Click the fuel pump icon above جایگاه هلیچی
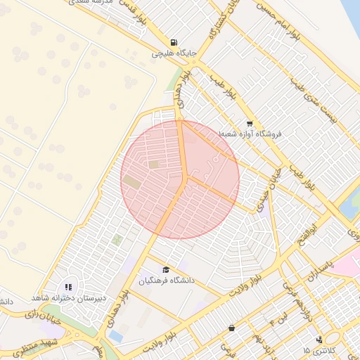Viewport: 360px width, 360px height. pyautogui.click(x=174, y=41)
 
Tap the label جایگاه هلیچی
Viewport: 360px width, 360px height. pyautogui.click(x=174, y=53)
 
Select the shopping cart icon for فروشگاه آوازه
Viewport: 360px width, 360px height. pyautogui.click(x=250, y=124)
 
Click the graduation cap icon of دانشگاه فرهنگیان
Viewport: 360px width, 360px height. pyautogui.click(x=166, y=270)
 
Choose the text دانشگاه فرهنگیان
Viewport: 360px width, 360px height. pyautogui.click(x=166, y=281)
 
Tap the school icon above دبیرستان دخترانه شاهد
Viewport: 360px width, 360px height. pyautogui.click(x=68, y=287)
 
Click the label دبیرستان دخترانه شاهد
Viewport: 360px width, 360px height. pyautogui.click(x=68, y=298)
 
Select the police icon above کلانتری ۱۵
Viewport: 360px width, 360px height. pyautogui.click(x=320, y=339)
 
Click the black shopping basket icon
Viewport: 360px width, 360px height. pyautogui.click(x=232, y=328)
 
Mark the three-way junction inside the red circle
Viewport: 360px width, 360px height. pyautogui.click(x=186, y=177)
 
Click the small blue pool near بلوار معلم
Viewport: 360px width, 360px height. pyautogui.click(x=115, y=337)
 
